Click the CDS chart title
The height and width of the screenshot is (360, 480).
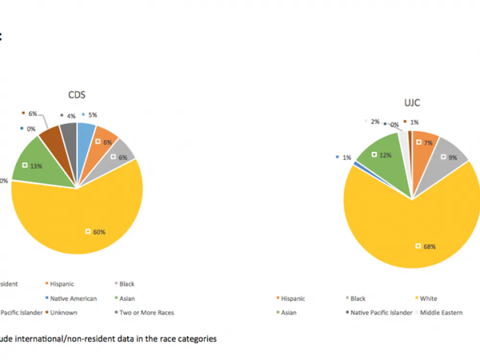click(77, 95)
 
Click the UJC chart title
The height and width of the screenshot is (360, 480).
click(412, 103)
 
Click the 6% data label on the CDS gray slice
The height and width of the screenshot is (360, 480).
click(117, 157)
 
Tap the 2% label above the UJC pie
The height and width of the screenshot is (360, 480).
click(375, 122)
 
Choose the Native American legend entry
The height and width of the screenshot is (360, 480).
click(73, 299)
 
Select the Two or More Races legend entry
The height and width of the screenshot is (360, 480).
click(146, 312)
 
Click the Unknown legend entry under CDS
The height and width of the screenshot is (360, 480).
click(63, 312)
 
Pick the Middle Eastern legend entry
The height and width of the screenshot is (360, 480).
click(441, 312)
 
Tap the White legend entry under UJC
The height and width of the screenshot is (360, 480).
click(428, 299)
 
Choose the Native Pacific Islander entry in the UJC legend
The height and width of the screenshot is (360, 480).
click(381, 312)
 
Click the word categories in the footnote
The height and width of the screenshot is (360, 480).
click(197, 339)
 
